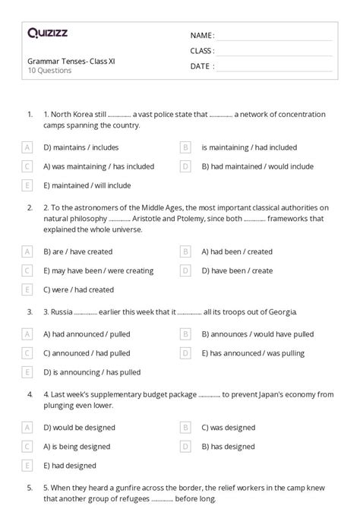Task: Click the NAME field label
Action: (x=202, y=36)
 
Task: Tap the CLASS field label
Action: (x=202, y=51)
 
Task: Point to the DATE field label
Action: (x=201, y=66)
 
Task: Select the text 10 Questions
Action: (x=49, y=71)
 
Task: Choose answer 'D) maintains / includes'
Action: (x=81, y=147)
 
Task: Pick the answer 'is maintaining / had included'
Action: (x=249, y=147)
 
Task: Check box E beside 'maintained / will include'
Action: (x=27, y=185)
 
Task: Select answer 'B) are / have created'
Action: (x=78, y=251)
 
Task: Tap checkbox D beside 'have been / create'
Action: (x=185, y=270)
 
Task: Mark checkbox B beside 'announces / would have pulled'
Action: (x=185, y=334)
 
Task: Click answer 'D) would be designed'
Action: (x=79, y=428)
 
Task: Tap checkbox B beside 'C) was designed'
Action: (x=185, y=428)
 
